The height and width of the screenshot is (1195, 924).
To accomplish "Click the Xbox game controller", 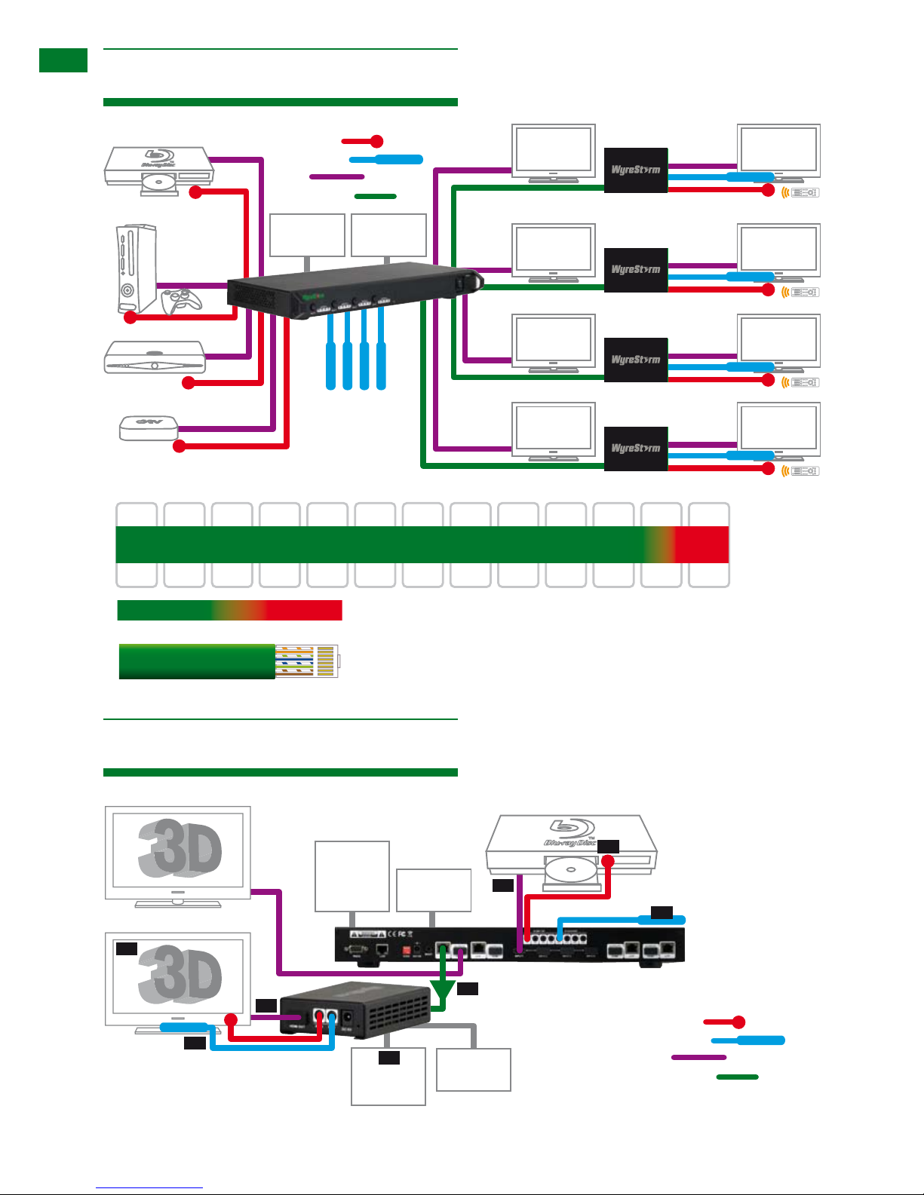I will tap(182, 301).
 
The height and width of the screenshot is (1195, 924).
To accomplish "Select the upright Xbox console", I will tap(137, 268).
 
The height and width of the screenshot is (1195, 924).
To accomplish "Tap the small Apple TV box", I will tap(148, 428).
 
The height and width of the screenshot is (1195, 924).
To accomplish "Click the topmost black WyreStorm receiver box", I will tap(636, 170).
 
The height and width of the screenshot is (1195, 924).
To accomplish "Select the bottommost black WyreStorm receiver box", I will tap(636, 449).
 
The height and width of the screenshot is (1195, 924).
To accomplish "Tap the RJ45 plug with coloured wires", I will tap(306, 661).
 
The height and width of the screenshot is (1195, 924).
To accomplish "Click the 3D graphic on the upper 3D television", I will tap(180, 847).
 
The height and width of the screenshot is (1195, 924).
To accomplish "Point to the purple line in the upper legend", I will tap(337, 177).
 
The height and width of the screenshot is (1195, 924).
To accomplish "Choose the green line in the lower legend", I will tap(737, 1077).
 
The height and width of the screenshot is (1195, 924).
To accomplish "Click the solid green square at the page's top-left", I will tap(63, 60).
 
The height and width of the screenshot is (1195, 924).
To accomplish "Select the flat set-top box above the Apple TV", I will tap(155, 357).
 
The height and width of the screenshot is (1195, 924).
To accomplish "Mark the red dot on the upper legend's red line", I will tap(376, 141).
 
